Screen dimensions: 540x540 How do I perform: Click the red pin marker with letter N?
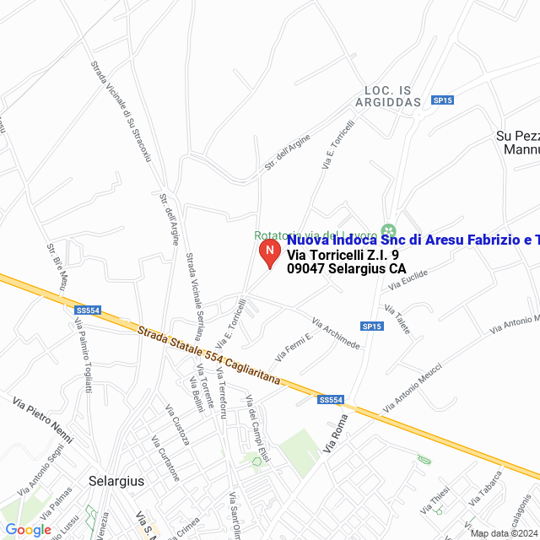pos(268,252)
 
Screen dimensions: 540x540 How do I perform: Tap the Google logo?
pos(28,530)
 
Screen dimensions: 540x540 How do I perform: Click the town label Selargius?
pos(116,481)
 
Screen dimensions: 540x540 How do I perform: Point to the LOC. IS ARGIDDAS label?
pos(392,95)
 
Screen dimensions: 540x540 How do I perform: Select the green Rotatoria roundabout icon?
pos(388,230)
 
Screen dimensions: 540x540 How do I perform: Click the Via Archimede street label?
pos(336,334)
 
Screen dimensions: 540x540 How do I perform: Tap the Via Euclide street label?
pos(408,280)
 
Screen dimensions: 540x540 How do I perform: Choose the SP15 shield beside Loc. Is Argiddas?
pos(442,100)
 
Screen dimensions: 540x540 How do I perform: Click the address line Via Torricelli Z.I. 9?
pos(343,255)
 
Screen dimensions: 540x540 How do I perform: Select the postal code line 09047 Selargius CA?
pos(346,269)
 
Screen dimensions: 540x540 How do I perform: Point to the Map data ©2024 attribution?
pos(504,533)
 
